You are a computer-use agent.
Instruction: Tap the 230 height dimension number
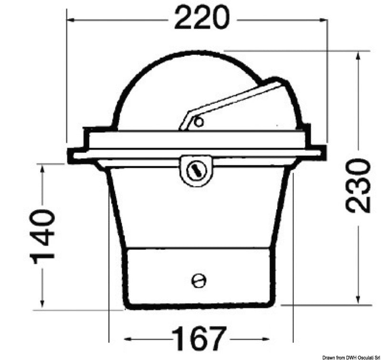pos(358,186)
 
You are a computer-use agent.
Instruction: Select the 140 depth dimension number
pos(42,237)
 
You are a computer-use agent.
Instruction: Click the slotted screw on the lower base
pos(199,281)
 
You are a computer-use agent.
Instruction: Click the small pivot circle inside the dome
pos(199,122)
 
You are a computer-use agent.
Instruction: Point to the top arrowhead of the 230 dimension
pos(358,56)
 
